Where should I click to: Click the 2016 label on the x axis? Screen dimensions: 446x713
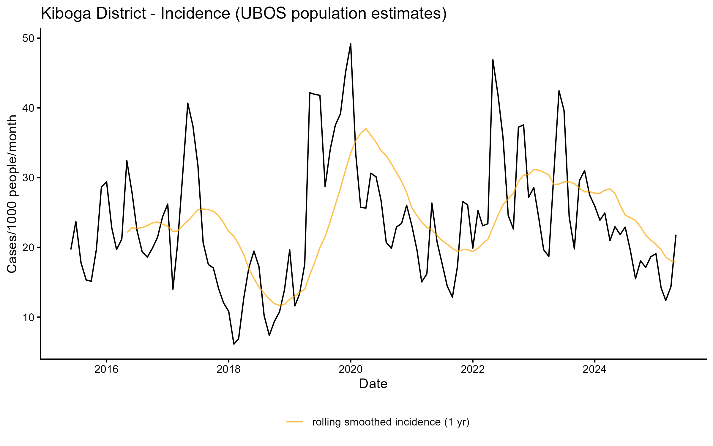pyautogui.click(x=106, y=369)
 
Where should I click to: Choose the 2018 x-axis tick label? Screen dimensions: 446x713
pyautogui.click(x=228, y=369)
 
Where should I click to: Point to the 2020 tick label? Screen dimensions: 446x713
pyautogui.click(x=351, y=369)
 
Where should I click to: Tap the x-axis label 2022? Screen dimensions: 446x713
pyautogui.click(x=473, y=369)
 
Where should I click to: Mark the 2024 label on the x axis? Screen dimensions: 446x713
pyautogui.click(x=595, y=369)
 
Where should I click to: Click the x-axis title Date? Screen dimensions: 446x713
pyautogui.click(x=373, y=384)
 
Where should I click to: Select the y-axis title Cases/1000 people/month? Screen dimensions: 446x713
pyautogui.click(x=12, y=194)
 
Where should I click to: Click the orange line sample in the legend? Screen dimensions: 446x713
pyautogui.click(x=295, y=422)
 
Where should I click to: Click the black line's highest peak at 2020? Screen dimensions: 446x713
pyautogui.click(x=351, y=44)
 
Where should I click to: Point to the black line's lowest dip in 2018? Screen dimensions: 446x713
pyautogui.click(x=234, y=344)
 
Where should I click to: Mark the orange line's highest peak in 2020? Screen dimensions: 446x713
pyautogui.click(x=366, y=129)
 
